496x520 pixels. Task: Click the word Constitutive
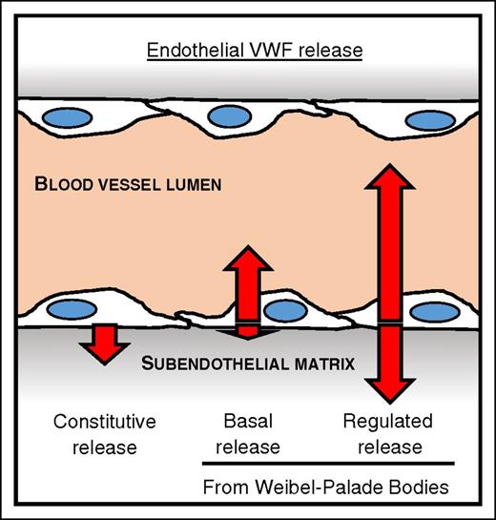(104, 421)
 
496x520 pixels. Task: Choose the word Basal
(248, 421)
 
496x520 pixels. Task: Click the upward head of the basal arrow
(247, 262)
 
